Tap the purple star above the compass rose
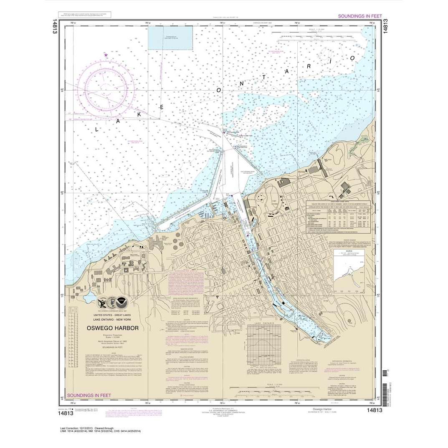point(106,55)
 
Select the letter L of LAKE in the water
point(97,130)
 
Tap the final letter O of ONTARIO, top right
point(353,57)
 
